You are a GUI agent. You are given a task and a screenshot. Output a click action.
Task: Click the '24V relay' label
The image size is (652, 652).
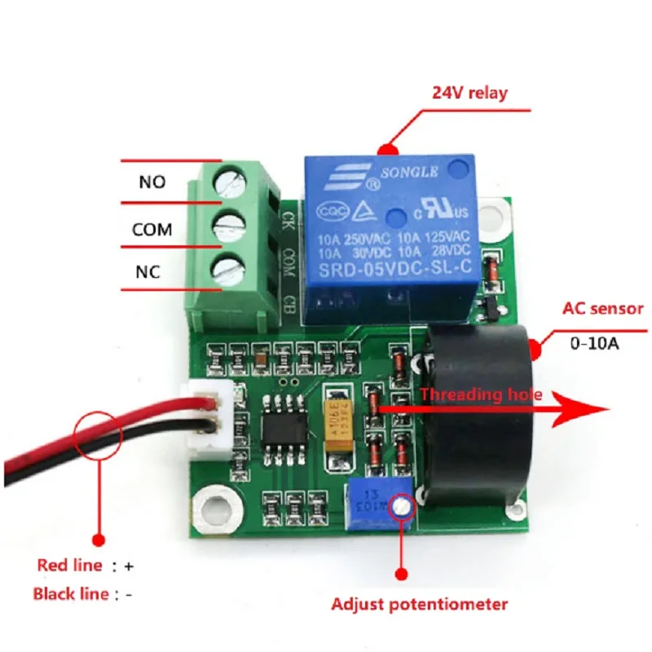(469, 92)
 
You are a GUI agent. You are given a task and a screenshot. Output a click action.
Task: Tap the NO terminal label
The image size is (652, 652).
(152, 182)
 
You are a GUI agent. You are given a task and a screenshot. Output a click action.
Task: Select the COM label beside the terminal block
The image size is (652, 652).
(152, 230)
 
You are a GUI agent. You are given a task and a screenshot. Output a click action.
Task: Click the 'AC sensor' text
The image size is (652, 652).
(603, 309)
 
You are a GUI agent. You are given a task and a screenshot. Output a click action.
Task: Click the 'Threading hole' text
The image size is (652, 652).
(480, 394)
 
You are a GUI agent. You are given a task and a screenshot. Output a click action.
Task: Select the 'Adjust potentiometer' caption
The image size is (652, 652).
(419, 604)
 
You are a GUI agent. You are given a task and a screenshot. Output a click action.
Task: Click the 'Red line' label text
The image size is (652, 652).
(70, 565)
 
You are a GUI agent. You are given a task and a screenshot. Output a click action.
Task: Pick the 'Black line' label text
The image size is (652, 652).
(70, 593)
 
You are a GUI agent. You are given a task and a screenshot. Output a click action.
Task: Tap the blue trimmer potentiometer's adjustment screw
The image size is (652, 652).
(399, 507)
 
